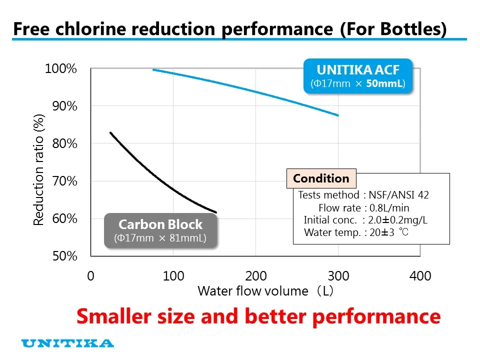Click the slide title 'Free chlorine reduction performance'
click(172, 28)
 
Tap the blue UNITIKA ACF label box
click(358, 76)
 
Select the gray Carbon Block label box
click(160, 230)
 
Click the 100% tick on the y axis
click(61, 68)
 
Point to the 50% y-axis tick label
click(64, 256)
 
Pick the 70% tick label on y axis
click(64, 181)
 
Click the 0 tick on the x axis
click(90, 276)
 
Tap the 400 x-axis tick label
click(420, 276)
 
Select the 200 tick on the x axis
click(255, 276)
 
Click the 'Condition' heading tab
click(321, 178)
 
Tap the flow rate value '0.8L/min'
click(389, 207)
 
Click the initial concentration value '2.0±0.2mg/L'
click(398, 220)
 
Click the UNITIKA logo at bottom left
click(68, 343)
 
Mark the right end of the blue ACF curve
click(338, 115)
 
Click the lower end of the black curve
click(215, 212)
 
